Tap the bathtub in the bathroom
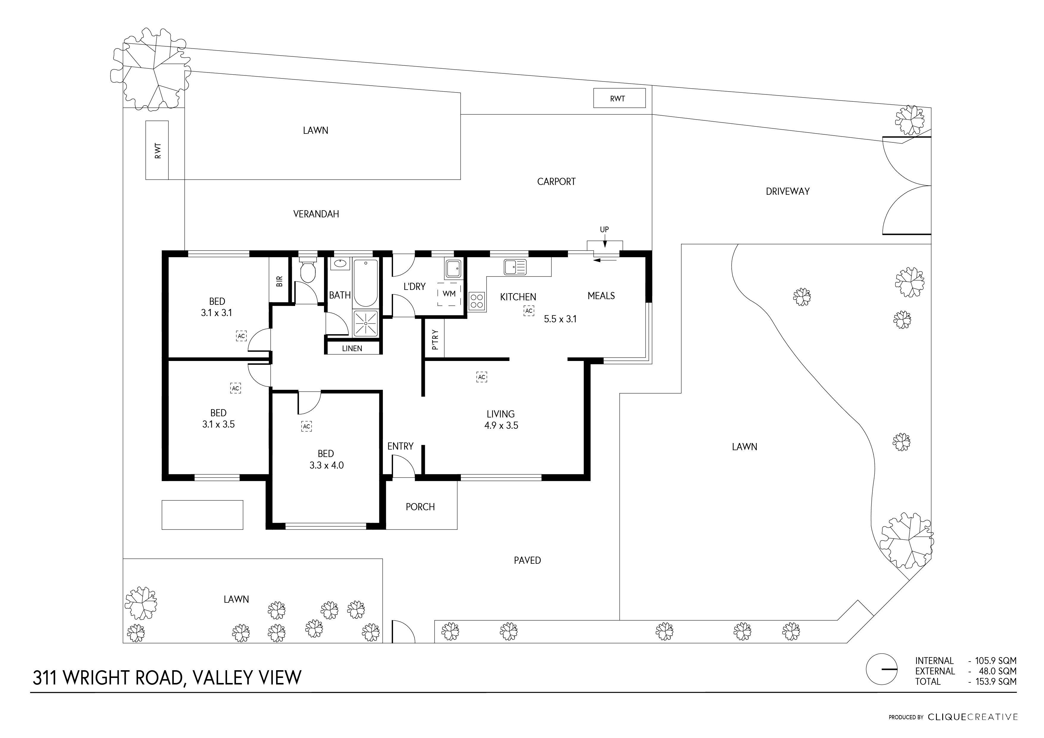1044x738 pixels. coord(366,283)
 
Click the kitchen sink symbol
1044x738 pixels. coord(515,267)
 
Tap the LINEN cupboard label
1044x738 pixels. coord(352,348)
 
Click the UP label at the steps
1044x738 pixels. coord(604,230)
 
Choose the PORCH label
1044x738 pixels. coord(420,507)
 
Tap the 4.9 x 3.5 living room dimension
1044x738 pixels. coord(501,426)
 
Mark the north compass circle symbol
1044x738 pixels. coord(882,669)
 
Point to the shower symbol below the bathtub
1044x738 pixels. coord(366,324)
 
